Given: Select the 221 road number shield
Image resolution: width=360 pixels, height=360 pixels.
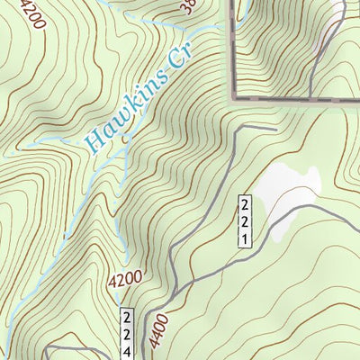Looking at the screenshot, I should pos(244,220).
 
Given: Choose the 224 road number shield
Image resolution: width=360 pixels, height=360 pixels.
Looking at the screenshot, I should pos(127,331).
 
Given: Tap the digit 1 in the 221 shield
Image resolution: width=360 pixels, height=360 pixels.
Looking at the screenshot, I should pos(244,238).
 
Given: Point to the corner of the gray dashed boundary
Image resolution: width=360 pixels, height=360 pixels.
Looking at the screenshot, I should pos(236,96).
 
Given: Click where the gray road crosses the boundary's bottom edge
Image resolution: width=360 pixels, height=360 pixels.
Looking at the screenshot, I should pos(310,96).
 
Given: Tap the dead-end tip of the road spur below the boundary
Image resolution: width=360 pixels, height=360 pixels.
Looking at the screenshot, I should pos(274,130).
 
